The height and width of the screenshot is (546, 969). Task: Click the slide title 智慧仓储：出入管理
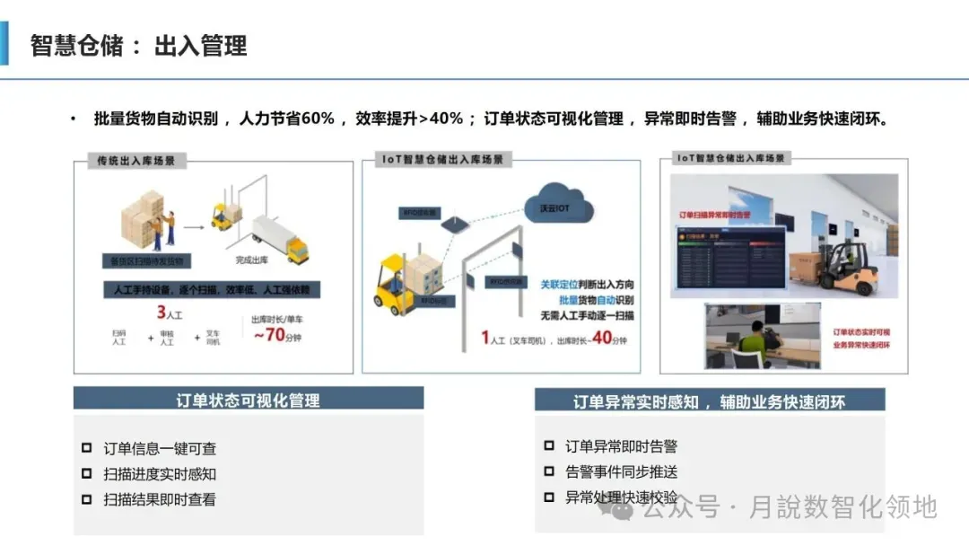(x=138, y=46)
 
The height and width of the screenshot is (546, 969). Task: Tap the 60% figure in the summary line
(x=317, y=119)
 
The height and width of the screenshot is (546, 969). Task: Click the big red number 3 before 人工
(x=161, y=313)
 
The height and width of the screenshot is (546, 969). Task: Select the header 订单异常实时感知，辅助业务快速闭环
(x=709, y=401)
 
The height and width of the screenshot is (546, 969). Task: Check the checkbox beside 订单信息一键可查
(x=86, y=447)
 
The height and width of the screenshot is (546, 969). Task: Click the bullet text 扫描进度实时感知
(x=160, y=473)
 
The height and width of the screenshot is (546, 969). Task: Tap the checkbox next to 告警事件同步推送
(x=549, y=471)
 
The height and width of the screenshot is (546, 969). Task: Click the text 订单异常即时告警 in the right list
(x=621, y=446)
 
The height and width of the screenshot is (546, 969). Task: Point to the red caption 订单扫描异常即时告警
(x=715, y=216)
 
